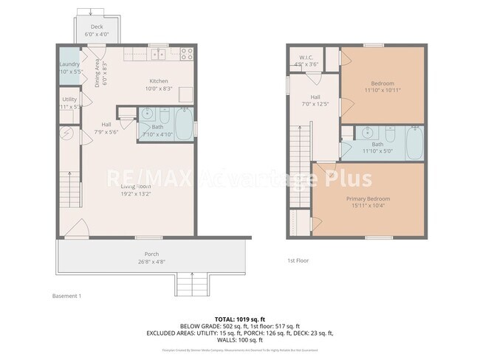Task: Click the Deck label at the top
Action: tap(97, 27)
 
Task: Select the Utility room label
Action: tap(69, 99)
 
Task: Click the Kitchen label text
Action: tap(160, 81)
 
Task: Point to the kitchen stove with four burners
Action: tap(185, 53)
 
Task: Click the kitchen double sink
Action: tap(157, 54)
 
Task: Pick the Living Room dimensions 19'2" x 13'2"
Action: tap(136, 195)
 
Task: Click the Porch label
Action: tap(151, 255)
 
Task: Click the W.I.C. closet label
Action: tap(306, 58)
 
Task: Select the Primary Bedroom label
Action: tap(368, 199)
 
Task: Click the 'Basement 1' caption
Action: tap(66, 296)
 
